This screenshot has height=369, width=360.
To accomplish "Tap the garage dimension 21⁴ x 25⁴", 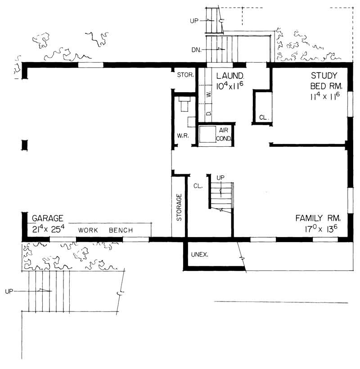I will click(x=49, y=229).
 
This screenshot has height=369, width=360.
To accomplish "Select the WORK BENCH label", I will click(x=105, y=230).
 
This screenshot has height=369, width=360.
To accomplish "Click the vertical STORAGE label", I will click(x=179, y=207).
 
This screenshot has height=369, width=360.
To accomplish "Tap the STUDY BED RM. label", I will click(x=327, y=80).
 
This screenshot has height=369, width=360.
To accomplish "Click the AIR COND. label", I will click(x=224, y=134).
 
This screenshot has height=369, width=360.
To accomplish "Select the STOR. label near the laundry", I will click(x=185, y=75).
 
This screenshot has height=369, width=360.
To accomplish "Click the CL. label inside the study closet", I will click(x=263, y=117).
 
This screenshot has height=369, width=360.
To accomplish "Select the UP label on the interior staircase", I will click(x=220, y=177).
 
